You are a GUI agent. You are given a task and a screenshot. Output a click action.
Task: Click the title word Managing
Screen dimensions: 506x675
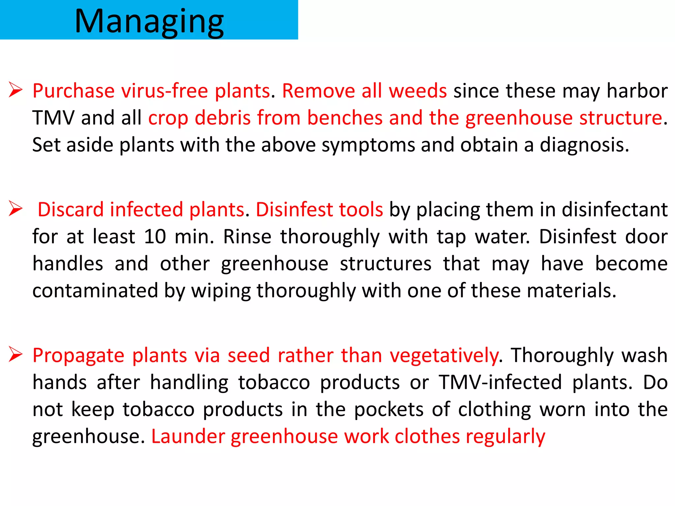149,22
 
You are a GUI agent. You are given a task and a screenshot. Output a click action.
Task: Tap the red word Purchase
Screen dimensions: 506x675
73,91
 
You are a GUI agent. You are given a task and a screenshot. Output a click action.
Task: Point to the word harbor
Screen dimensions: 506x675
637,91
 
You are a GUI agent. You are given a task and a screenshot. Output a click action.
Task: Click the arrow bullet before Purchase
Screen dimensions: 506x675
15,90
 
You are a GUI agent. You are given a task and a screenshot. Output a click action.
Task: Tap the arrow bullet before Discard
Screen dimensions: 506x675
15,209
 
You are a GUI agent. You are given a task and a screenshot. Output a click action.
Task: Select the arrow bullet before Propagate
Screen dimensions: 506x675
15,354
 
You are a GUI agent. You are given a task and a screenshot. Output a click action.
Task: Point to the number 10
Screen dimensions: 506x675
155,237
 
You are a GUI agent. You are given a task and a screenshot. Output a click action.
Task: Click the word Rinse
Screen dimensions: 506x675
247,237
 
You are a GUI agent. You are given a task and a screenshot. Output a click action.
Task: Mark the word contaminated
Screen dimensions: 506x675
95,291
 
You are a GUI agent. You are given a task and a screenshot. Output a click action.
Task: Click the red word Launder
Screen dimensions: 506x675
188,437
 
